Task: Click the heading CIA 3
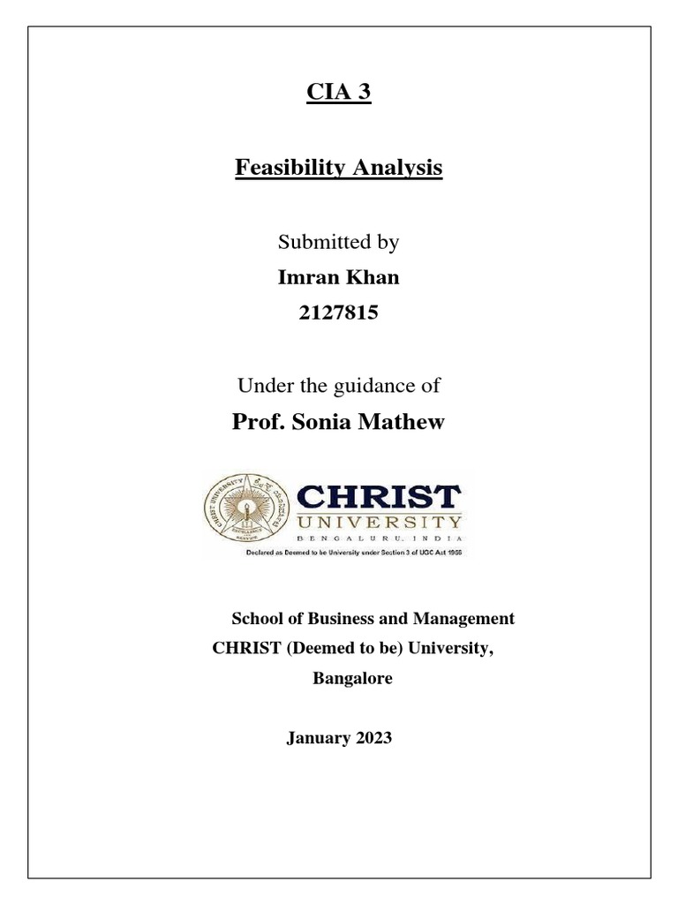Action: [338, 93]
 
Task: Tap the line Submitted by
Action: [339, 241]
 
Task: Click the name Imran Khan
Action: [339, 277]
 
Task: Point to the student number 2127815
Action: [339, 313]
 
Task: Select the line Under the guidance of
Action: [339, 385]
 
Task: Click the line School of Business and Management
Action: [372, 619]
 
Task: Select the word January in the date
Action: [313, 738]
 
